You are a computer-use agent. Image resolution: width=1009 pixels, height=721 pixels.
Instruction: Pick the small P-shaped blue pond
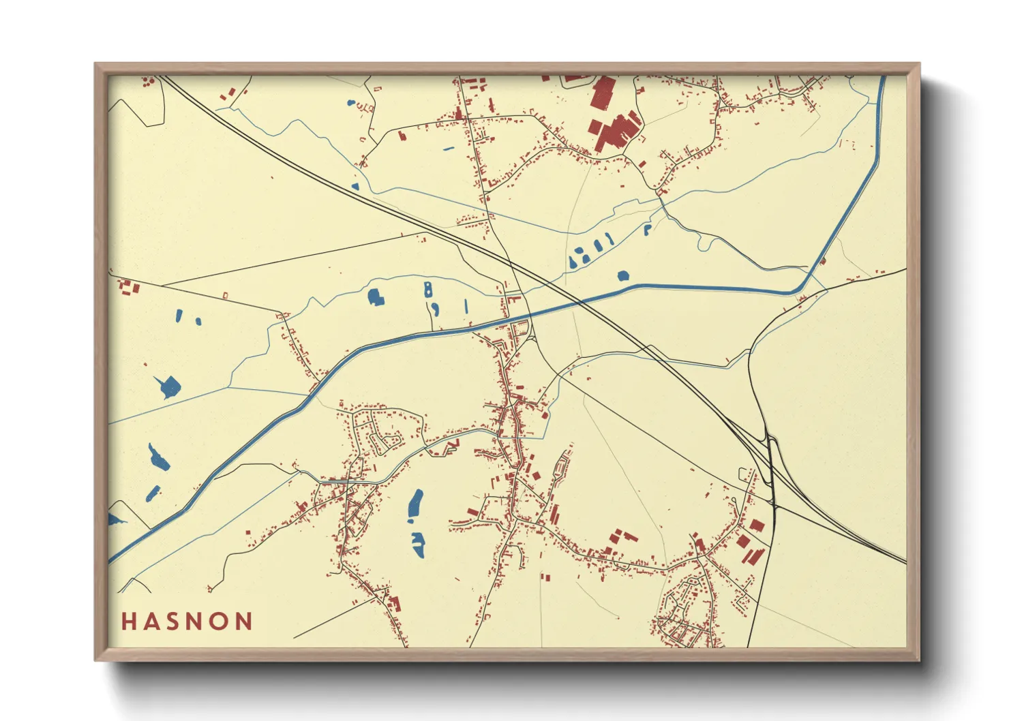coord(647,229)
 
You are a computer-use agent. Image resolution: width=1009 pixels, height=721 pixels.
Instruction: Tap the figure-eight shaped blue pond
coord(427,289)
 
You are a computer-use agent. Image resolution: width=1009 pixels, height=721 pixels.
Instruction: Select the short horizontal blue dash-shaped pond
coord(448,148)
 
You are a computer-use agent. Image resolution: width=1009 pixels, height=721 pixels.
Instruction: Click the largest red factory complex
coord(618,132)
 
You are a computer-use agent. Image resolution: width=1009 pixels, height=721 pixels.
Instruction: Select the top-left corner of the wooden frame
coord(95,64)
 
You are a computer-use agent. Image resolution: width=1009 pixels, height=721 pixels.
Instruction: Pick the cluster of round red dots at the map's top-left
coord(147,82)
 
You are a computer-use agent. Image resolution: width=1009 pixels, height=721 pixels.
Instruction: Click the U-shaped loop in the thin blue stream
coord(706,241)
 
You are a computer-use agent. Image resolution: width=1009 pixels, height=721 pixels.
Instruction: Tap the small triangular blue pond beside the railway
coord(355,185)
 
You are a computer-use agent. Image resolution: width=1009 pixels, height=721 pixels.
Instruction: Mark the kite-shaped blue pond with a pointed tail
coord(168,386)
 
